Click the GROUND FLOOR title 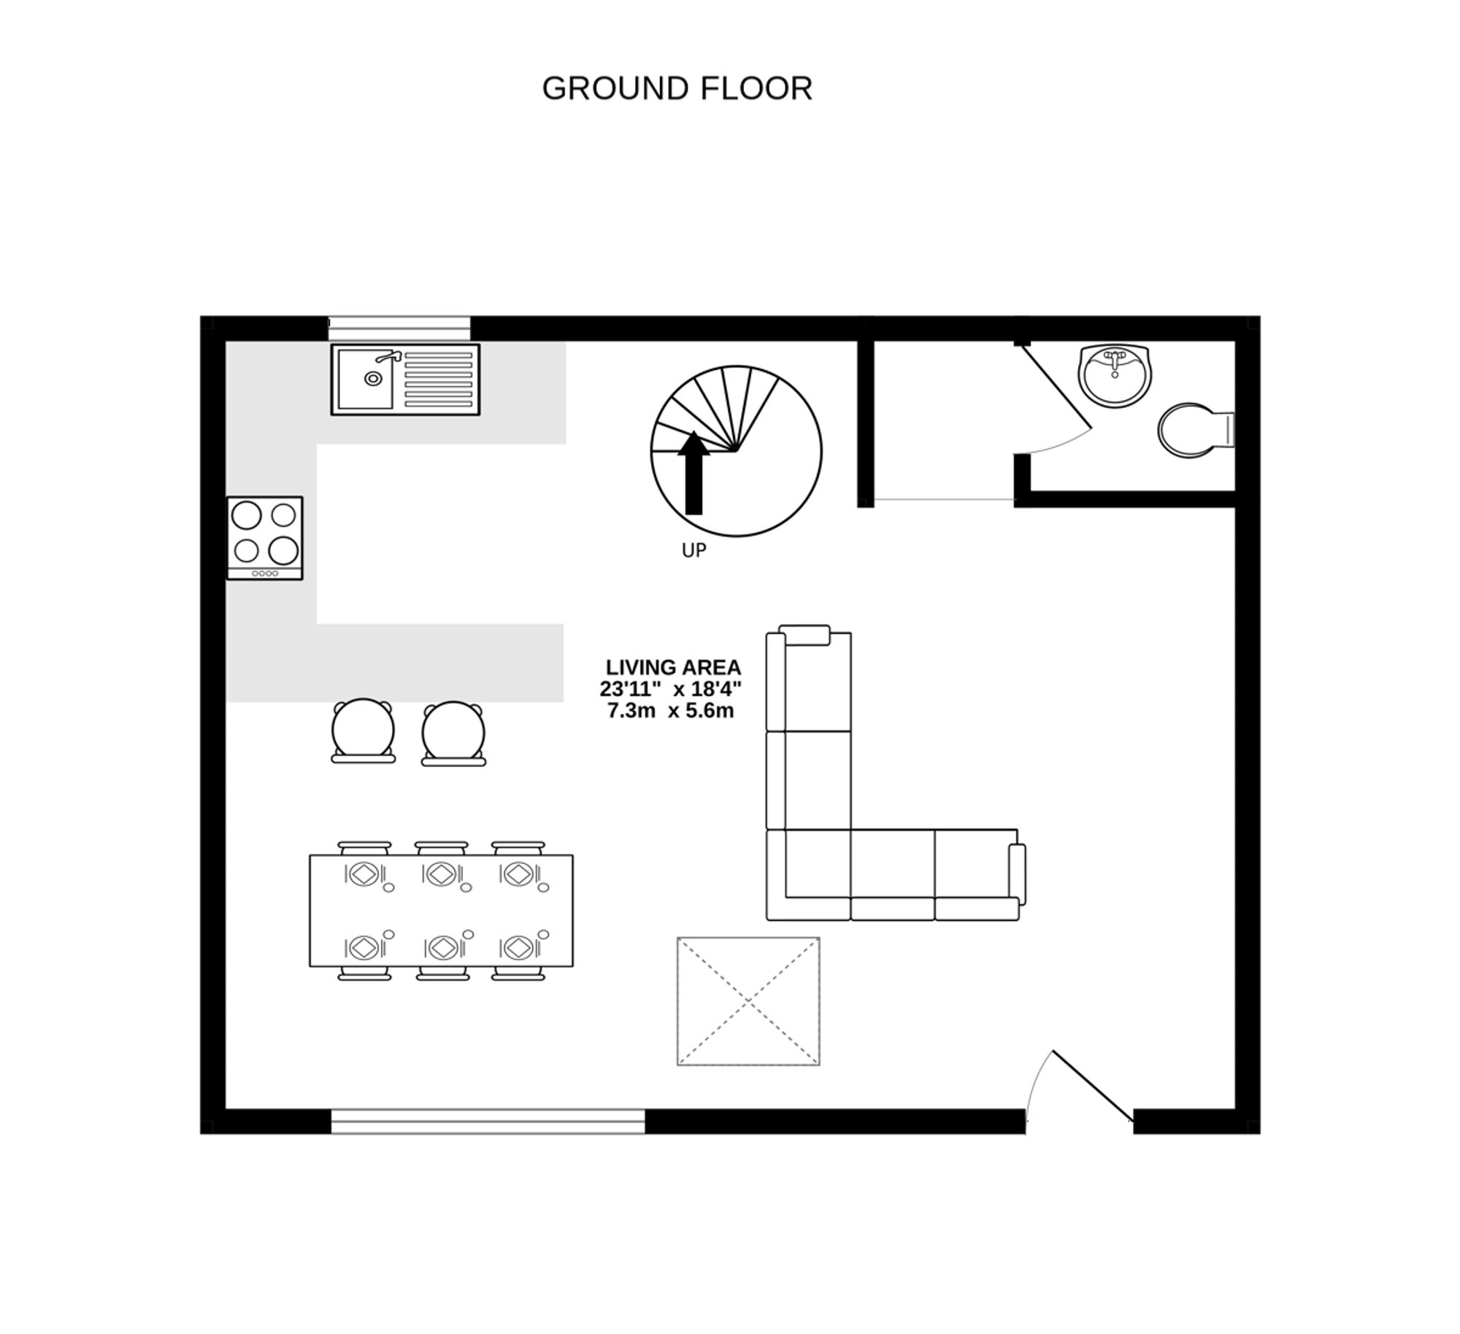677,88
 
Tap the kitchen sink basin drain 373,379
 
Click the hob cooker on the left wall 264,538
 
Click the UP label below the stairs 693,550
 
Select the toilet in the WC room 1190,430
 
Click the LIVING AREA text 673,667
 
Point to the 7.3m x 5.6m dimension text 670,710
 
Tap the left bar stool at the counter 363,730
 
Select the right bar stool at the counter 453,733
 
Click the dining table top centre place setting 442,874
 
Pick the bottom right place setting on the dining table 519,947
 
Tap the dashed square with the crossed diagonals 748,1001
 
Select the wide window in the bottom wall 488,1121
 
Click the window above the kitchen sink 399,328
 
